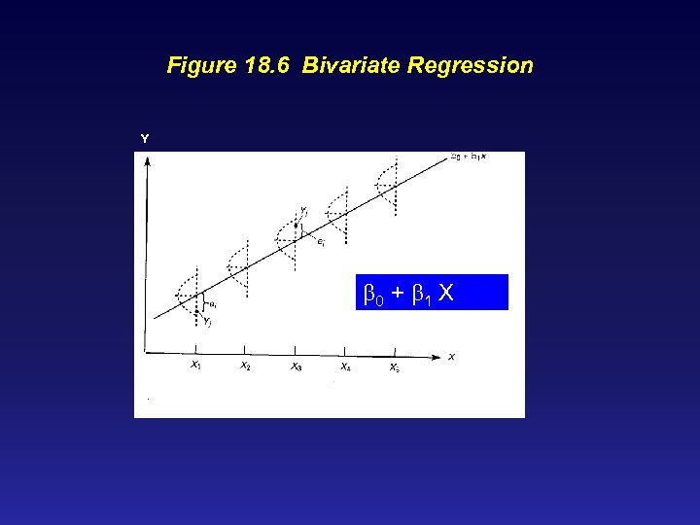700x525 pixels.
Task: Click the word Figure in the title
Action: tap(201, 66)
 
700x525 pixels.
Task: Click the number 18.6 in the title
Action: tap(267, 66)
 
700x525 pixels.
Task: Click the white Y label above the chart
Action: tap(145, 139)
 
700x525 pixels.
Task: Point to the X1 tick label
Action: tap(196, 367)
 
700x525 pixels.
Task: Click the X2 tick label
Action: tap(245, 367)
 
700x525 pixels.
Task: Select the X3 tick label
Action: tap(296, 367)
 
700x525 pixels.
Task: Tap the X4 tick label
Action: tap(345, 367)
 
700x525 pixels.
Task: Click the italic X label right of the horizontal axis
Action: tap(452, 358)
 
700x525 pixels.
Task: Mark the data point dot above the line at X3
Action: tap(297, 225)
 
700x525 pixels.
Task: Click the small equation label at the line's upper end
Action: tap(470, 157)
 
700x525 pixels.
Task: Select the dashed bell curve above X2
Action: tap(238, 262)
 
